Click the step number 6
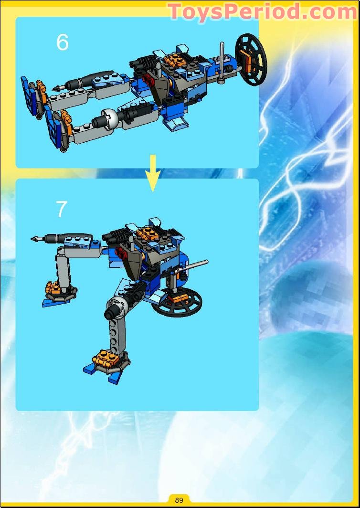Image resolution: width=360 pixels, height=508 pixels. point(62,42)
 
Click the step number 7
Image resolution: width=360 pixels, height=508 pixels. point(62,209)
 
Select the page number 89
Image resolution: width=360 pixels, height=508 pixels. point(179,500)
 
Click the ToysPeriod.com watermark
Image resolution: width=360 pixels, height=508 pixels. point(263,11)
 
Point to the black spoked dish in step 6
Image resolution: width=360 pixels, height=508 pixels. point(252,60)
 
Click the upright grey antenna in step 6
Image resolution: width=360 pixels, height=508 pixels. point(222,63)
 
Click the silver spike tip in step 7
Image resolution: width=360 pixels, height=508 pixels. point(37,239)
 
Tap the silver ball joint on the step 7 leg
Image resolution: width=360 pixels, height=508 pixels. point(117,304)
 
